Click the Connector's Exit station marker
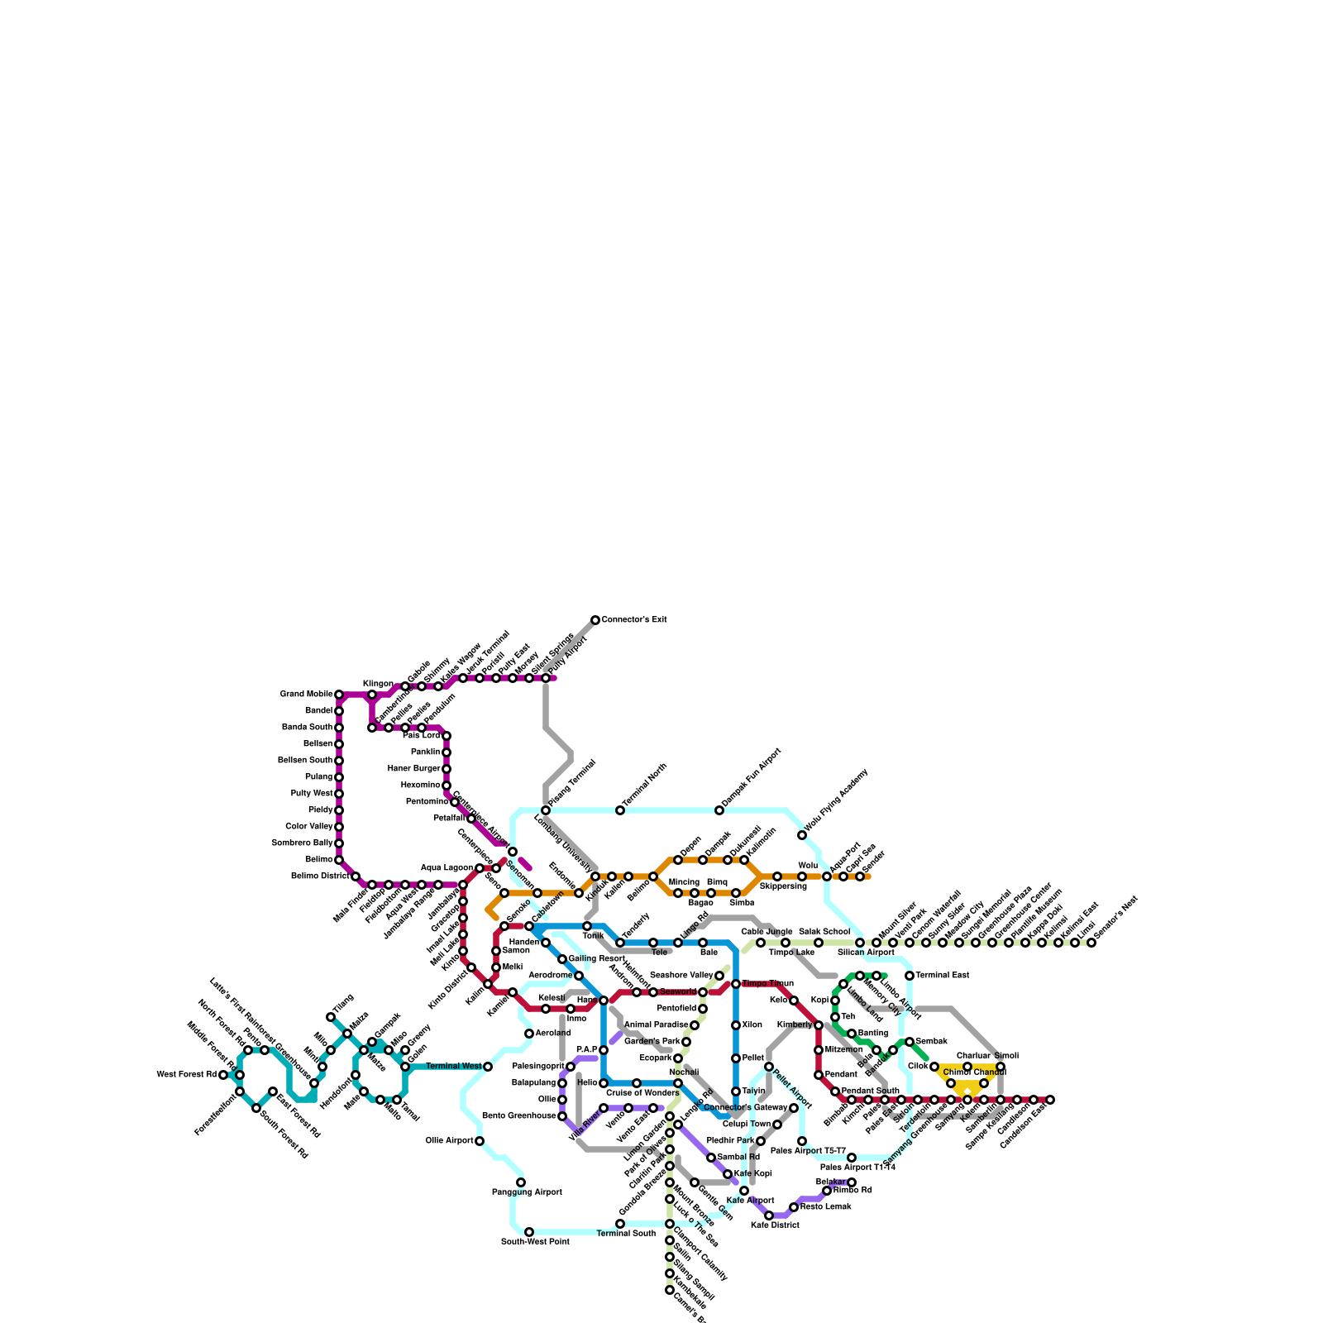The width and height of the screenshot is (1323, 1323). [x=595, y=620]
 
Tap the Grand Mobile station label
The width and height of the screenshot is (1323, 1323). [x=306, y=695]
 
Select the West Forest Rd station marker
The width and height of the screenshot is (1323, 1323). [x=223, y=1075]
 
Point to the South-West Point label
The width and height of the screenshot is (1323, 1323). [x=535, y=1242]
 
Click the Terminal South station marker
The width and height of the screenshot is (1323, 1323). [x=620, y=1224]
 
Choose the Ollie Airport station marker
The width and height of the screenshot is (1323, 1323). [x=480, y=1141]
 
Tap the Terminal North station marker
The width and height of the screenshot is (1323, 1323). [x=620, y=810]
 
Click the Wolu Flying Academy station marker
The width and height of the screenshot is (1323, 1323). [x=802, y=835]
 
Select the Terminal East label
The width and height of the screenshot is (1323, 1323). [x=942, y=976]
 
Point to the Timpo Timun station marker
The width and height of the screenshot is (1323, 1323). [x=736, y=984]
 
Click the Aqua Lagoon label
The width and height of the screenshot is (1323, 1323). [x=447, y=868]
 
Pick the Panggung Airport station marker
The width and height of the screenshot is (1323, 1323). [x=521, y=1182]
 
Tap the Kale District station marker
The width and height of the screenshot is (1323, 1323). [x=769, y=1216]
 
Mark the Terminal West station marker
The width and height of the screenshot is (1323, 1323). [x=488, y=1067]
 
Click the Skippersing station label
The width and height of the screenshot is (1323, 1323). [x=782, y=886]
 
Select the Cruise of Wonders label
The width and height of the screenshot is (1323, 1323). [x=642, y=1093]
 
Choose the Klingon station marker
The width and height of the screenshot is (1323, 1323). [x=372, y=695]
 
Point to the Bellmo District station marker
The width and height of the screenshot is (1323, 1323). [x=356, y=876]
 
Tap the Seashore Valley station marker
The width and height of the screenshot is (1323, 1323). [x=719, y=976]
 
